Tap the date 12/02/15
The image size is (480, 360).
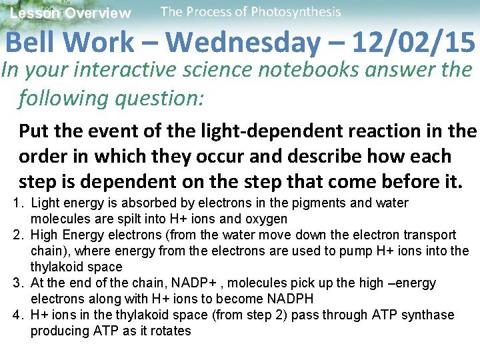tap(413, 43)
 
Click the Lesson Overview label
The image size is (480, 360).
tap(71, 13)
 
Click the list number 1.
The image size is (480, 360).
tap(19, 203)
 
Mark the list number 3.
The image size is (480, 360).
tap(19, 283)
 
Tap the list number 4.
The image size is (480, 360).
tap(19, 315)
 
